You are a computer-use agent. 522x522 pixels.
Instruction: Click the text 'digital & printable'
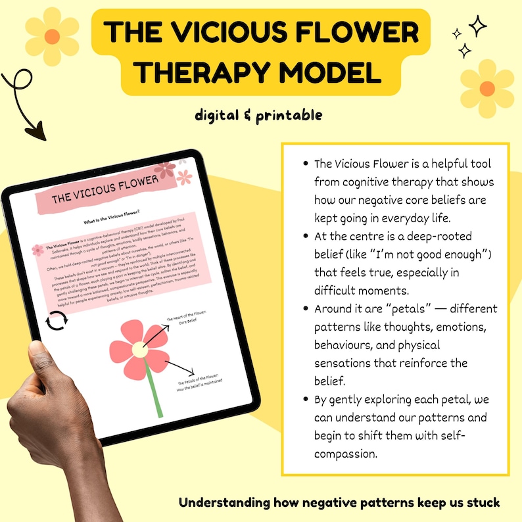tap(258, 115)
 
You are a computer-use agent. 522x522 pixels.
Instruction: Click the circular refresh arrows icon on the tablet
tap(55, 322)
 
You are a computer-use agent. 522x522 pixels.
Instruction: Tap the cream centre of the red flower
tap(139, 350)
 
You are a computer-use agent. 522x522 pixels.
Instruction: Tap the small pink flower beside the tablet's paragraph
tap(37, 249)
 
